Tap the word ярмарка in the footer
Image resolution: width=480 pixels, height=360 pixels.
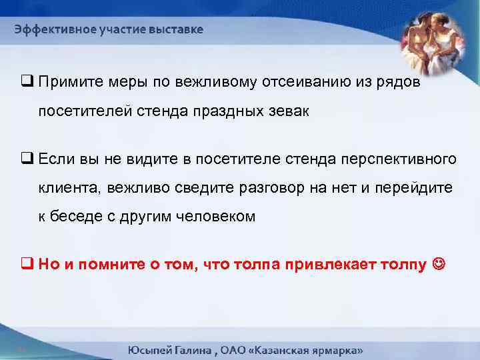click(x=334, y=349)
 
